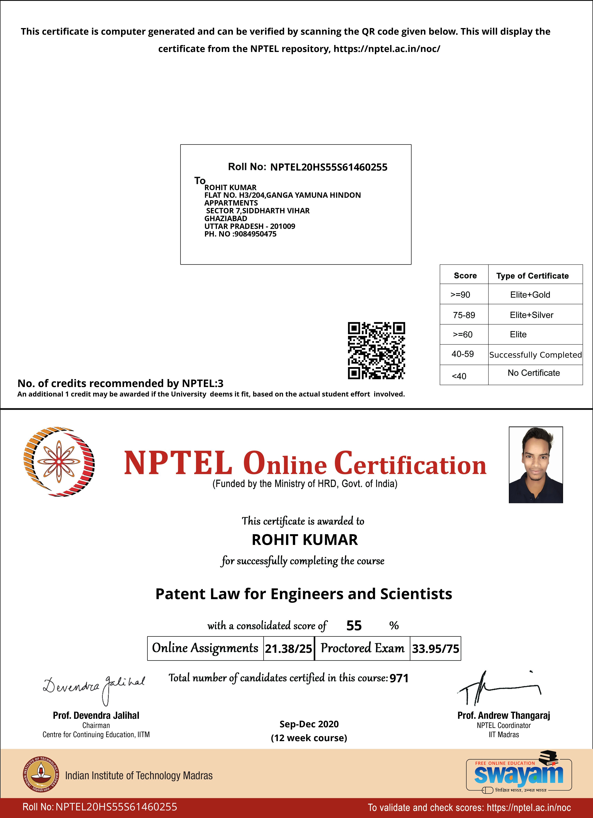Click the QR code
(x=376, y=351)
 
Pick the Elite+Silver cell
(x=531, y=315)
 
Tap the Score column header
(x=465, y=275)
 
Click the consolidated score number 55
(x=354, y=625)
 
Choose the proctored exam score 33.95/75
(x=435, y=648)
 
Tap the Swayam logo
(x=519, y=775)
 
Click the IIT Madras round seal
(x=41, y=774)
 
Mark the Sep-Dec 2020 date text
(x=309, y=724)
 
